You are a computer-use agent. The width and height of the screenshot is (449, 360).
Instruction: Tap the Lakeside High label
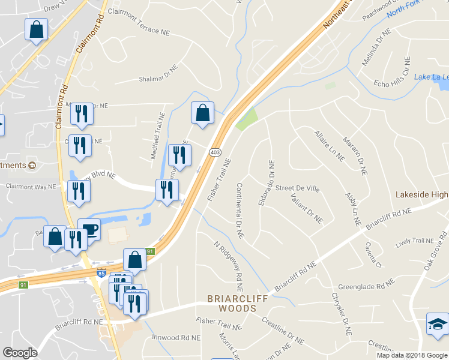click(422, 195)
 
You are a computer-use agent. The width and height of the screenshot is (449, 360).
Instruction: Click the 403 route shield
click(215, 152)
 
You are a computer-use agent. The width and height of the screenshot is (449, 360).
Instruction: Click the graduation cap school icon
click(436, 325)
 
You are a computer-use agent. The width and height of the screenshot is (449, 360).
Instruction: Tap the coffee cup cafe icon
click(89, 229)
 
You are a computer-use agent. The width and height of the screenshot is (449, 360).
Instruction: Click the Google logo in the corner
click(20, 353)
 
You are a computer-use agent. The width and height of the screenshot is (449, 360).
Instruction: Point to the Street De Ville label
click(297, 188)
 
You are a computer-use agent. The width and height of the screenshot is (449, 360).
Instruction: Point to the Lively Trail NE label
click(415, 242)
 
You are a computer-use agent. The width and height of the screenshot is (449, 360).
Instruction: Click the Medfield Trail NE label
click(160, 136)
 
